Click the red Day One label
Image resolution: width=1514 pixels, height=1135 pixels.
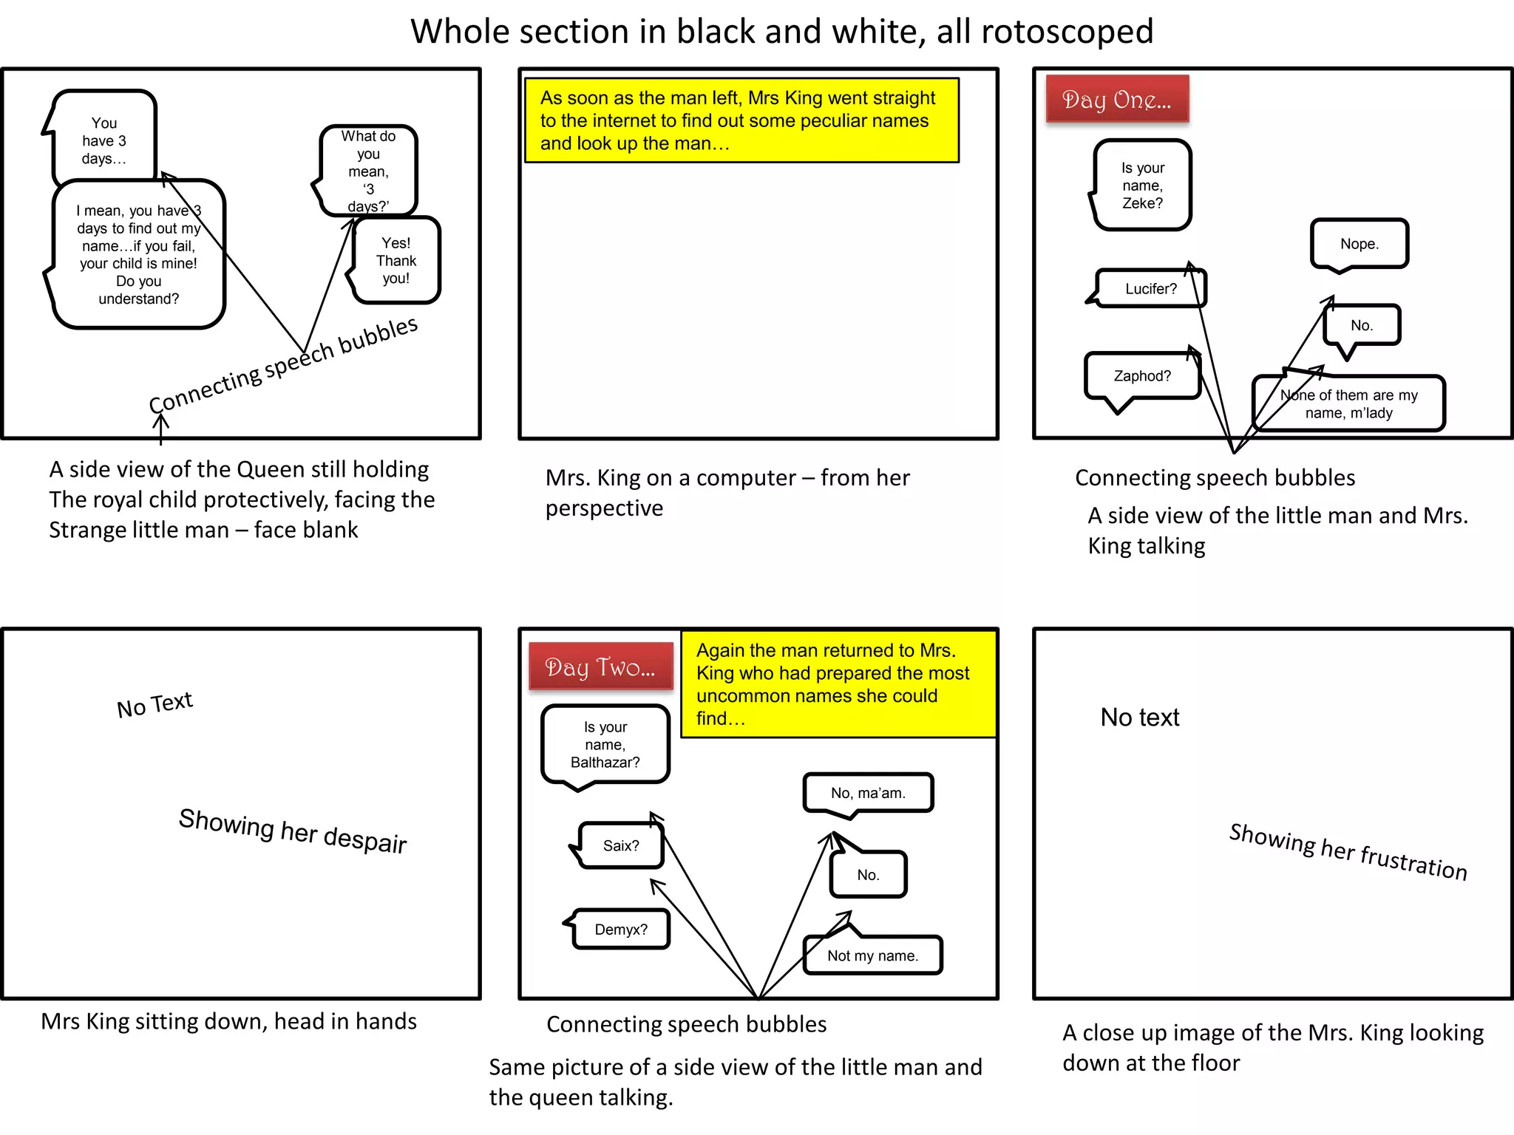pyautogui.click(x=1116, y=99)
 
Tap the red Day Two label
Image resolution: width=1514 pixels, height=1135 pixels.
pyautogui.click(x=600, y=667)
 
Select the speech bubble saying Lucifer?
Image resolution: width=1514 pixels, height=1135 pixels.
pyautogui.click(x=1150, y=289)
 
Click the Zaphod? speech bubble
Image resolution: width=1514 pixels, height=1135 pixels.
pyautogui.click(x=1141, y=376)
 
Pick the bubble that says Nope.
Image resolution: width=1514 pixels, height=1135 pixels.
pyautogui.click(x=1359, y=244)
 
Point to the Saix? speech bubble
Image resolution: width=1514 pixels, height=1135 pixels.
pyautogui.click(x=620, y=845)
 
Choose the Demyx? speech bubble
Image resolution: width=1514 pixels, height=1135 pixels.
pyautogui.click(x=620, y=930)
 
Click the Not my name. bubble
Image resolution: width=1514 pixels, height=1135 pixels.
pyautogui.click(x=872, y=955)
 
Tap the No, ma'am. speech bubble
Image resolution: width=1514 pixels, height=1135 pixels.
pyautogui.click(x=868, y=793)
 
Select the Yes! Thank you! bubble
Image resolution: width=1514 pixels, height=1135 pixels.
pyautogui.click(x=396, y=261)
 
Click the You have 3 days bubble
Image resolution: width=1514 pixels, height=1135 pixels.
pyautogui.click(x=104, y=140)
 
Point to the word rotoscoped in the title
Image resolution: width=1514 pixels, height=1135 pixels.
pyautogui.click(x=1067, y=32)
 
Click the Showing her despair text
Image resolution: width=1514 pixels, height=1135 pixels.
pyautogui.click(x=293, y=831)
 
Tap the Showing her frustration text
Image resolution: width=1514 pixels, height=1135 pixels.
pyautogui.click(x=1348, y=851)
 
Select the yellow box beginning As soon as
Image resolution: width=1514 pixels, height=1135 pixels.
pyautogui.click(x=741, y=120)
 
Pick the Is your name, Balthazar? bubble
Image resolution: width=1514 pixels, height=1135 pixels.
pyautogui.click(x=605, y=745)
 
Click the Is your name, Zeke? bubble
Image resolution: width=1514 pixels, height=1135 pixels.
pyautogui.click(x=1142, y=185)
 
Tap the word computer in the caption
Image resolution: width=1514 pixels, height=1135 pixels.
pyautogui.click(x=745, y=478)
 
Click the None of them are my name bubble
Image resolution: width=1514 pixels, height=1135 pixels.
pyautogui.click(x=1348, y=404)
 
